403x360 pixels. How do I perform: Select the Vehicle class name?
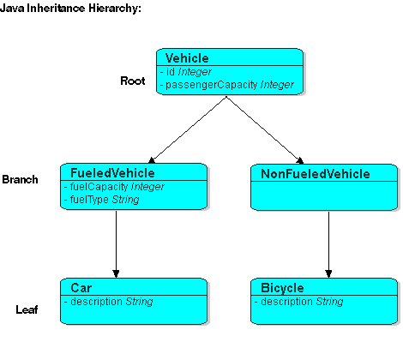tap(186, 57)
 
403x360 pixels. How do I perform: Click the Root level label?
tap(133, 81)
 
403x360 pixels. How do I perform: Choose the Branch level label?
tap(20, 180)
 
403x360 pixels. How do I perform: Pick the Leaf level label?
tap(27, 309)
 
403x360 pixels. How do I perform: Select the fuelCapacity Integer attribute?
tap(114, 186)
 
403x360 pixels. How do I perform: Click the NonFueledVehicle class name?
tap(315, 174)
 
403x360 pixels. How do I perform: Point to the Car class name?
tap(81, 288)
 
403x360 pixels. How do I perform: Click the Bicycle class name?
tap(282, 288)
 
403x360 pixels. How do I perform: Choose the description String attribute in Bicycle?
tap(300, 302)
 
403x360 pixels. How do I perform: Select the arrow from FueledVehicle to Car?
tap(116, 244)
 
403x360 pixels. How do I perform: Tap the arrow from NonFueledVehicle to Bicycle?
tap(328, 244)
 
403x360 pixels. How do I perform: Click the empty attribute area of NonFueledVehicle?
tap(325, 195)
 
